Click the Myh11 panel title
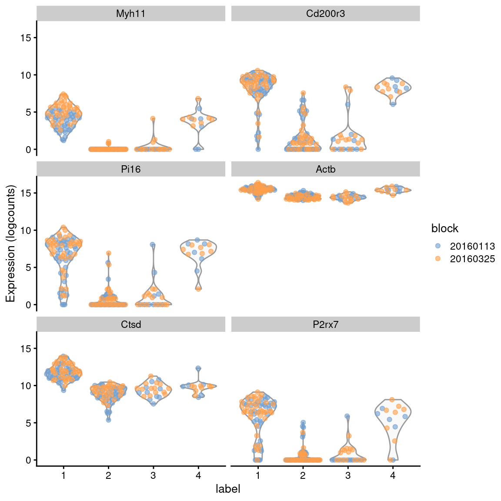131,13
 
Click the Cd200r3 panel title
325,13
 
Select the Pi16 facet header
131,169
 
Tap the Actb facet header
325,169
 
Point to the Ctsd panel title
131,324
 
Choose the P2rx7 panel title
325,324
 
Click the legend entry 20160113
472,246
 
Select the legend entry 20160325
472,259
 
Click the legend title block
444,228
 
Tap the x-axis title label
228,489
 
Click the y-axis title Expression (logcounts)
10,244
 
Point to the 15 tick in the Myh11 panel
26,38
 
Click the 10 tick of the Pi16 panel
26,230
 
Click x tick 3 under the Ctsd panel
153,475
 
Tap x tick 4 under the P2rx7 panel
393,475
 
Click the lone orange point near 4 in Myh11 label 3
153,118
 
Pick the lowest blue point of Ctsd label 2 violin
108,420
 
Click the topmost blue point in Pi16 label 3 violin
153,245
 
